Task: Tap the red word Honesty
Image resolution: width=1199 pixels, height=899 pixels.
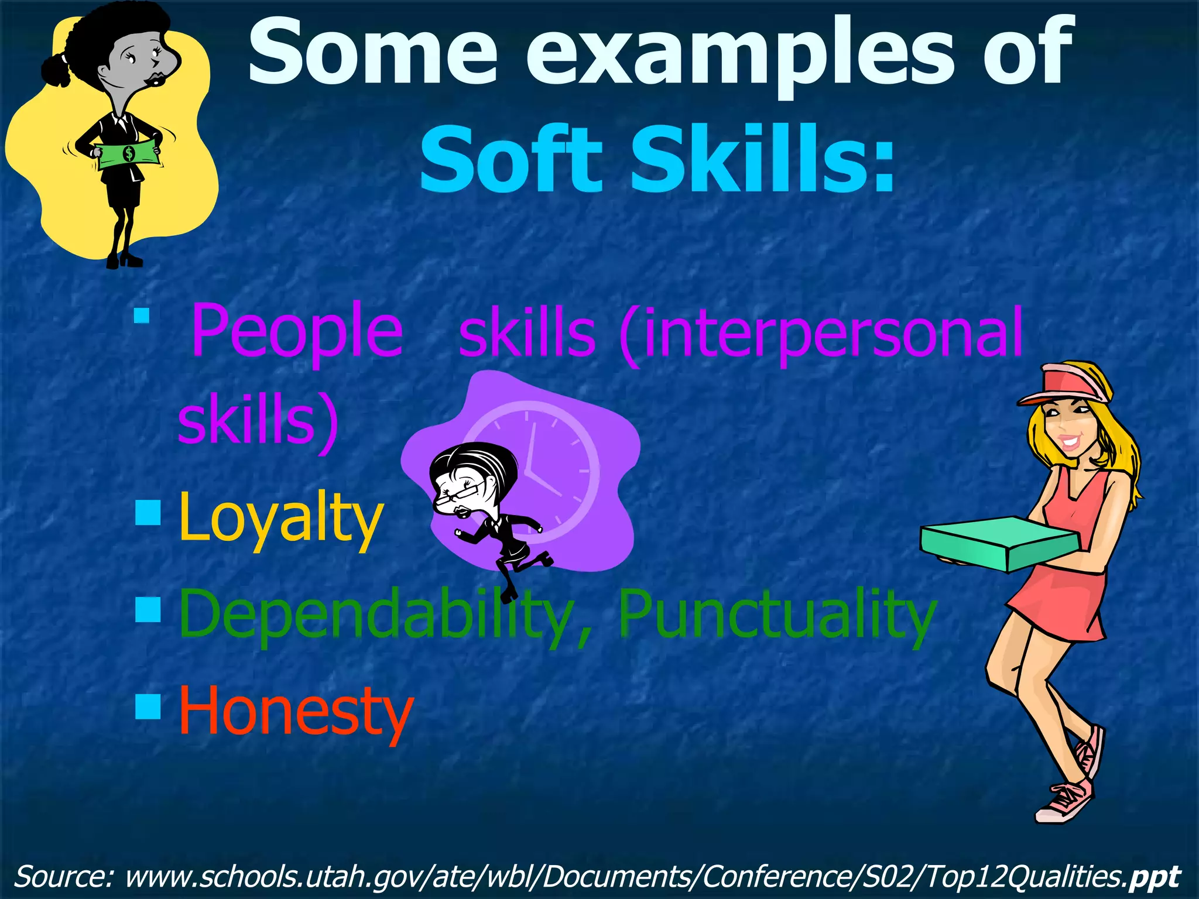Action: click(x=296, y=711)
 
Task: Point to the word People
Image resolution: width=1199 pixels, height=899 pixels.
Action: click(x=297, y=332)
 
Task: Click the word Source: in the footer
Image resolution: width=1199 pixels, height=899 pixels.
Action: click(x=64, y=876)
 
